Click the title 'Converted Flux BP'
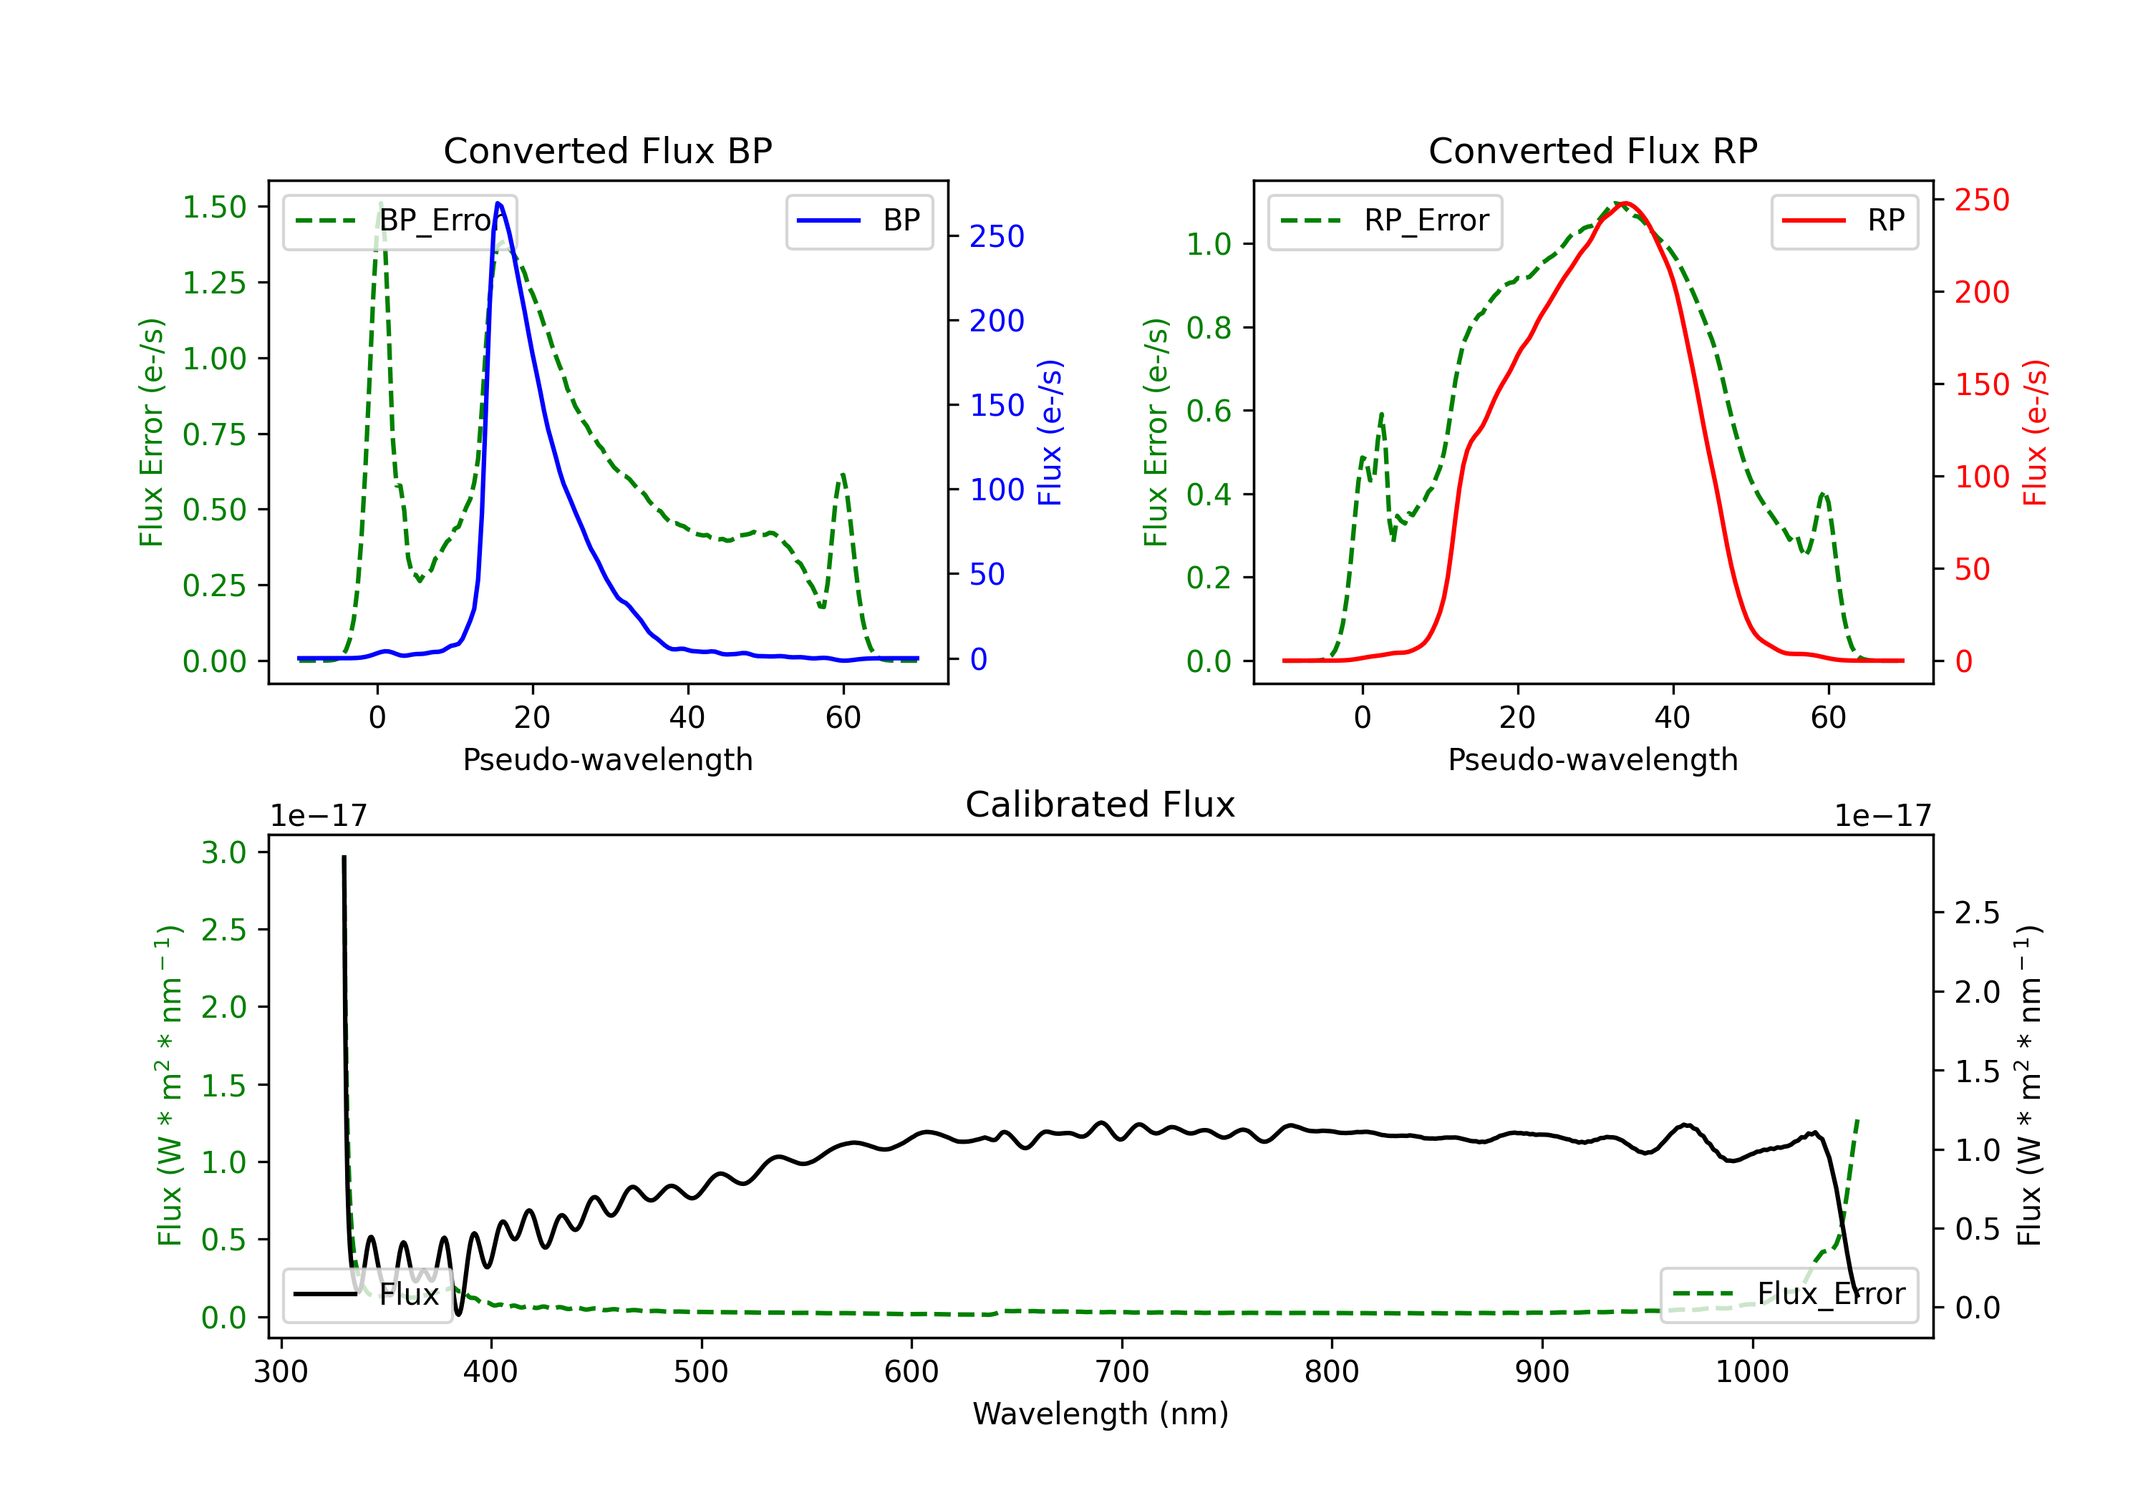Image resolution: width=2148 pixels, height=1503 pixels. click(608, 150)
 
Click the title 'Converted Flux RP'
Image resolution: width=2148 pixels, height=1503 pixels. click(1593, 150)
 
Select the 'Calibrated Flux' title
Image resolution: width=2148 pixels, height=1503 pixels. click(1100, 804)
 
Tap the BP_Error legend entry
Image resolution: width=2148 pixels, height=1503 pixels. click(400, 220)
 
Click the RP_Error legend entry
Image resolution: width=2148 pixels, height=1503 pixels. click(1385, 220)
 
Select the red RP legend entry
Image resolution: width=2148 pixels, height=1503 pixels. click(1844, 220)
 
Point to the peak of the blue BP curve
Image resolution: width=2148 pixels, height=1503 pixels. click(498, 203)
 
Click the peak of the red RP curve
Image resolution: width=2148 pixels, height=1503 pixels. click(1625, 203)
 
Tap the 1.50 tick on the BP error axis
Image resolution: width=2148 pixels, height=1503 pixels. click(214, 207)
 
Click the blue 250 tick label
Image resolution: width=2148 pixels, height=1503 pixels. click(997, 237)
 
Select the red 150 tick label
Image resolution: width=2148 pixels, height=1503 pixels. click(1981, 384)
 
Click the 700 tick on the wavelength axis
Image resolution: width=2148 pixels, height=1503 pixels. click(1121, 1372)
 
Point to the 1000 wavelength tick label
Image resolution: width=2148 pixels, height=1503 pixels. click(1752, 1372)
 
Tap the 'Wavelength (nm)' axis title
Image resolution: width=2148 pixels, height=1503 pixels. click(1100, 1414)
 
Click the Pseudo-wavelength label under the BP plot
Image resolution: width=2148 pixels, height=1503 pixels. click(608, 759)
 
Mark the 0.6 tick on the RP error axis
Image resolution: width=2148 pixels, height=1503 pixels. click(1209, 411)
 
